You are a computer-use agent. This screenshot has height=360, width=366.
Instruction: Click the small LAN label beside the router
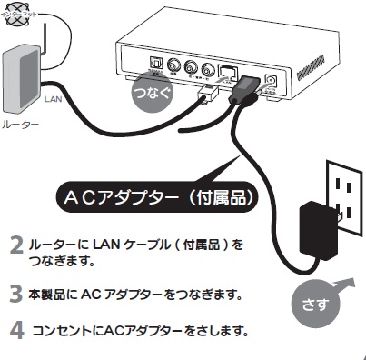pos(52,94)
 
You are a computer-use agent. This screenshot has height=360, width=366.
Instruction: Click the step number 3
pos(16,294)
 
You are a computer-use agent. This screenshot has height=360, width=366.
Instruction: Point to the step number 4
pos(16,328)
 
